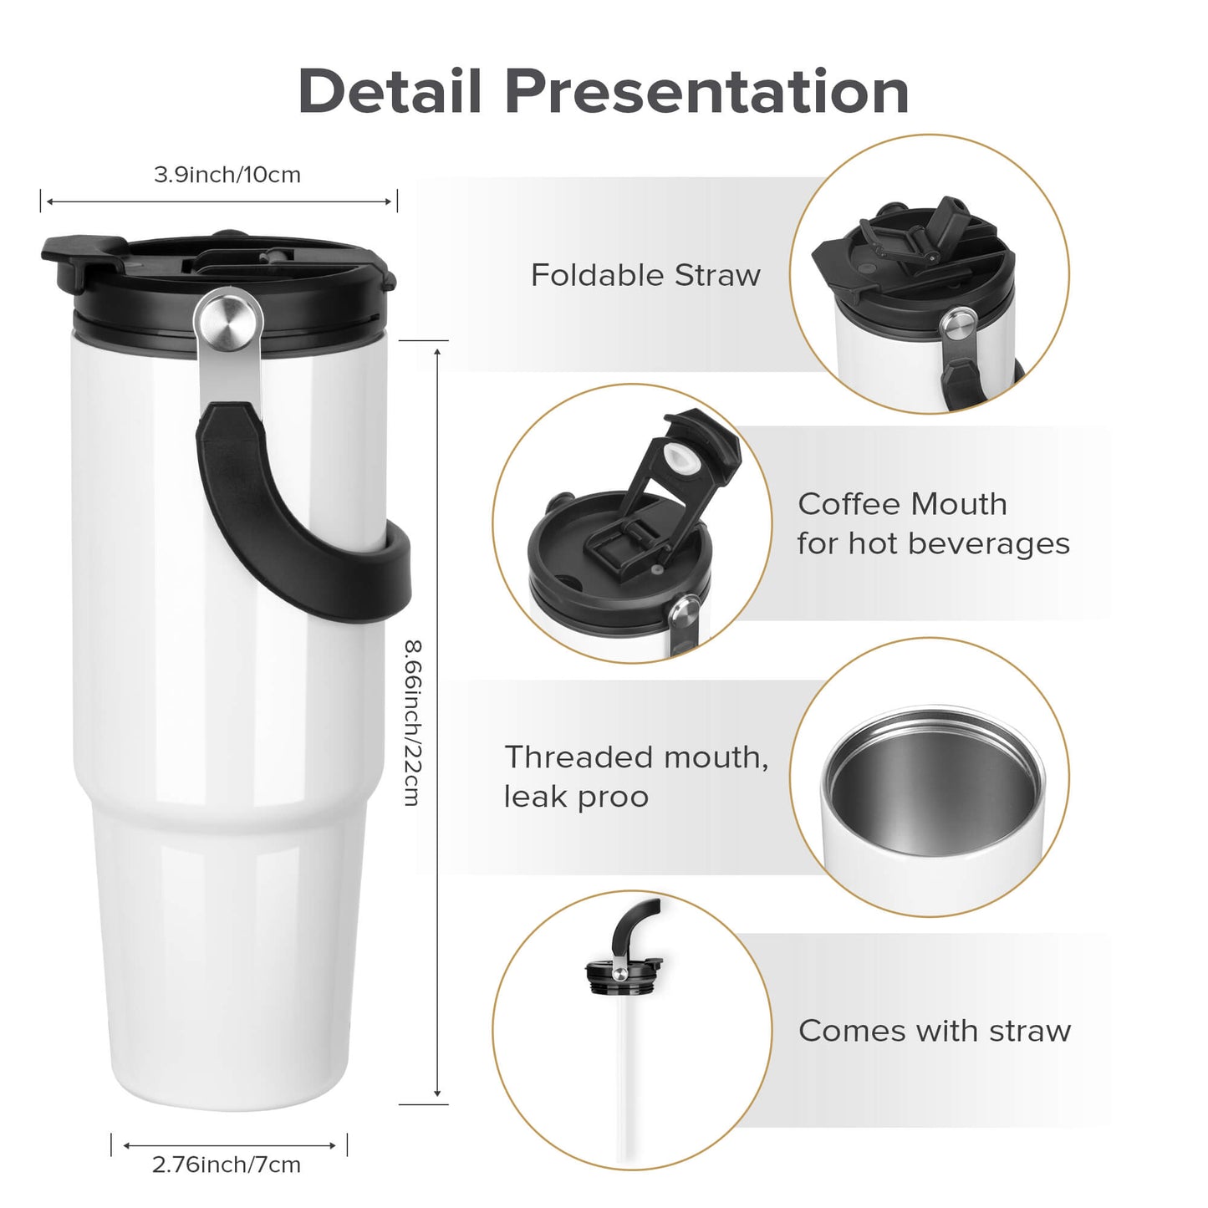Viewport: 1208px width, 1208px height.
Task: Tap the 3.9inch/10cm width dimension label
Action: click(227, 175)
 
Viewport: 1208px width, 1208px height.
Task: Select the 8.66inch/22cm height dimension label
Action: click(412, 722)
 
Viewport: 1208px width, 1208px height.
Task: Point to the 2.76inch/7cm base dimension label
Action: click(226, 1165)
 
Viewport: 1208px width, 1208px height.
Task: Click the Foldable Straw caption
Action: click(645, 275)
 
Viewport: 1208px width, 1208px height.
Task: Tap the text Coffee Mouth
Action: click(902, 504)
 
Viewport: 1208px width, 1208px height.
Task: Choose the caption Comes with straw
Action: click(934, 1031)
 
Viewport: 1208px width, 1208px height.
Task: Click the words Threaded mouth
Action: click(635, 757)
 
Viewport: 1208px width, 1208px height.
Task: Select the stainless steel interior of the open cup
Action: click(932, 782)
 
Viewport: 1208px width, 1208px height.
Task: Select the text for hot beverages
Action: click(933, 543)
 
